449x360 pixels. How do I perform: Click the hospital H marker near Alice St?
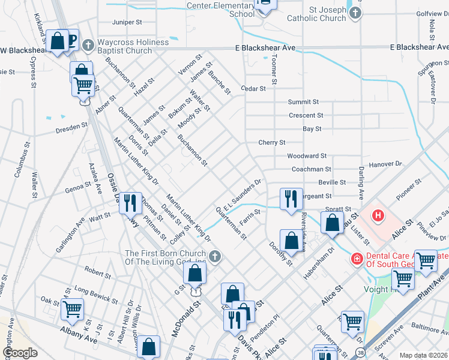click(x=378, y=215)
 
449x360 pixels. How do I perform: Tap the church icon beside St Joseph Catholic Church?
click(x=356, y=13)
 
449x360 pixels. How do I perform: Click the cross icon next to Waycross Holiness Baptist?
click(x=88, y=44)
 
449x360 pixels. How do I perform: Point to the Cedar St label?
click(x=253, y=89)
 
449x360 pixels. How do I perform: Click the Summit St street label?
click(x=303, y=103)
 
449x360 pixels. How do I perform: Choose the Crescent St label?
click(x=306, y=115)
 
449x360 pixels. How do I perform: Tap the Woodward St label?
click(x=306, y=156)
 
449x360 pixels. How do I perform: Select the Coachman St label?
click(x=311, y=170)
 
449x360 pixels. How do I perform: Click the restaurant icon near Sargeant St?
click(x=291, y=199)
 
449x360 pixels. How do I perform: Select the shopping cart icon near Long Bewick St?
click(x=73, y=310)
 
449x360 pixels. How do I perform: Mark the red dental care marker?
click(x=357, y=259)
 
